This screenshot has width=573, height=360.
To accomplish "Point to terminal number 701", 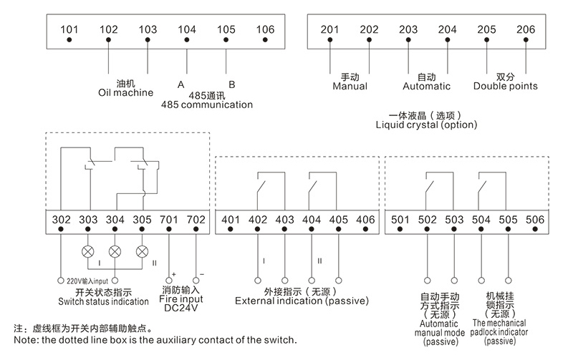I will click(168, 219).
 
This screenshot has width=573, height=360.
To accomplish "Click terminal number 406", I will click(365, 219).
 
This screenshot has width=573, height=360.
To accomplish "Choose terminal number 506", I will click(535, 219).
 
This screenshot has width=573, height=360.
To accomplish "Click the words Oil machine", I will click(126, 92).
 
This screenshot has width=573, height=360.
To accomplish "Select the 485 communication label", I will click(207, 104).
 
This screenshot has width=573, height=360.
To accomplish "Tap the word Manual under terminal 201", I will click(350, 87).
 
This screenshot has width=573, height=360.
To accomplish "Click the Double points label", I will click(506, 87).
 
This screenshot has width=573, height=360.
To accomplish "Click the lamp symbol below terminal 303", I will click(89, 252).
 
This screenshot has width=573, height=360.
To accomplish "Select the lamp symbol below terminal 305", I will click(142, 252).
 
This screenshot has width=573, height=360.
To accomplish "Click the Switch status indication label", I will click(103, 301).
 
